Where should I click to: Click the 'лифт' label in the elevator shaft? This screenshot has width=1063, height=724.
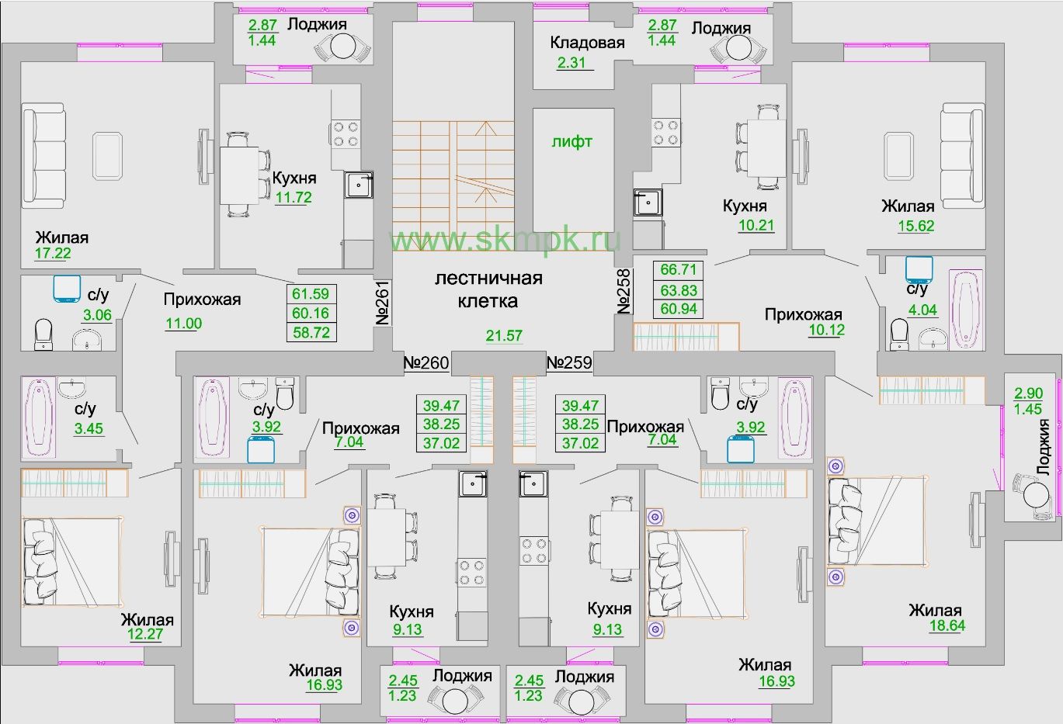click(x=571, y=142)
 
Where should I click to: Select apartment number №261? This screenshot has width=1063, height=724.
click(x=382, y=303)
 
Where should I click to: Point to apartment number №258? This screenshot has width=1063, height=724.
click(x=624, y=292)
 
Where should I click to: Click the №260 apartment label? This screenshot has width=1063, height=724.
click(x=426, y=362)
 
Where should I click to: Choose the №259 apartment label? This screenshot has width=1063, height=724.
click(x=569, y=362)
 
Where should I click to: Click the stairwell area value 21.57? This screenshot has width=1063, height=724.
click(x=503, y=335)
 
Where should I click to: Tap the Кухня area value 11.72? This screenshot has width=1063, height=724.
click(x=294, y=197)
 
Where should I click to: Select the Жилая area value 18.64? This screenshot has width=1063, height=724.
click(x=947, y=626)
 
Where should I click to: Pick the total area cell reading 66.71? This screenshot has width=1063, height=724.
click(x=678, y=270)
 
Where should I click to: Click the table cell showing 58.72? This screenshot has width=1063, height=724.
click(x=310, y=332)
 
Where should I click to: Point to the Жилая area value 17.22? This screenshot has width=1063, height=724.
click(x=53, y=253)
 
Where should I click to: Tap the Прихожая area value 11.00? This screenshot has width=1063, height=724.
click(x=183, y=324)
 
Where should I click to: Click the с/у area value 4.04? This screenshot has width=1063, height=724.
click(x=922, y=310)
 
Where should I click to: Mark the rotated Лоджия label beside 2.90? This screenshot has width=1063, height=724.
click(x=1043, y=447)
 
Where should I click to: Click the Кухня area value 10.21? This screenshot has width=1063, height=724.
click(x=756, y=226)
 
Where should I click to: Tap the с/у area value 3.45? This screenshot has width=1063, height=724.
click(x=89, y=428)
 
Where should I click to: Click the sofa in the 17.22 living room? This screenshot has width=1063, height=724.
click(x=43, y=157)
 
